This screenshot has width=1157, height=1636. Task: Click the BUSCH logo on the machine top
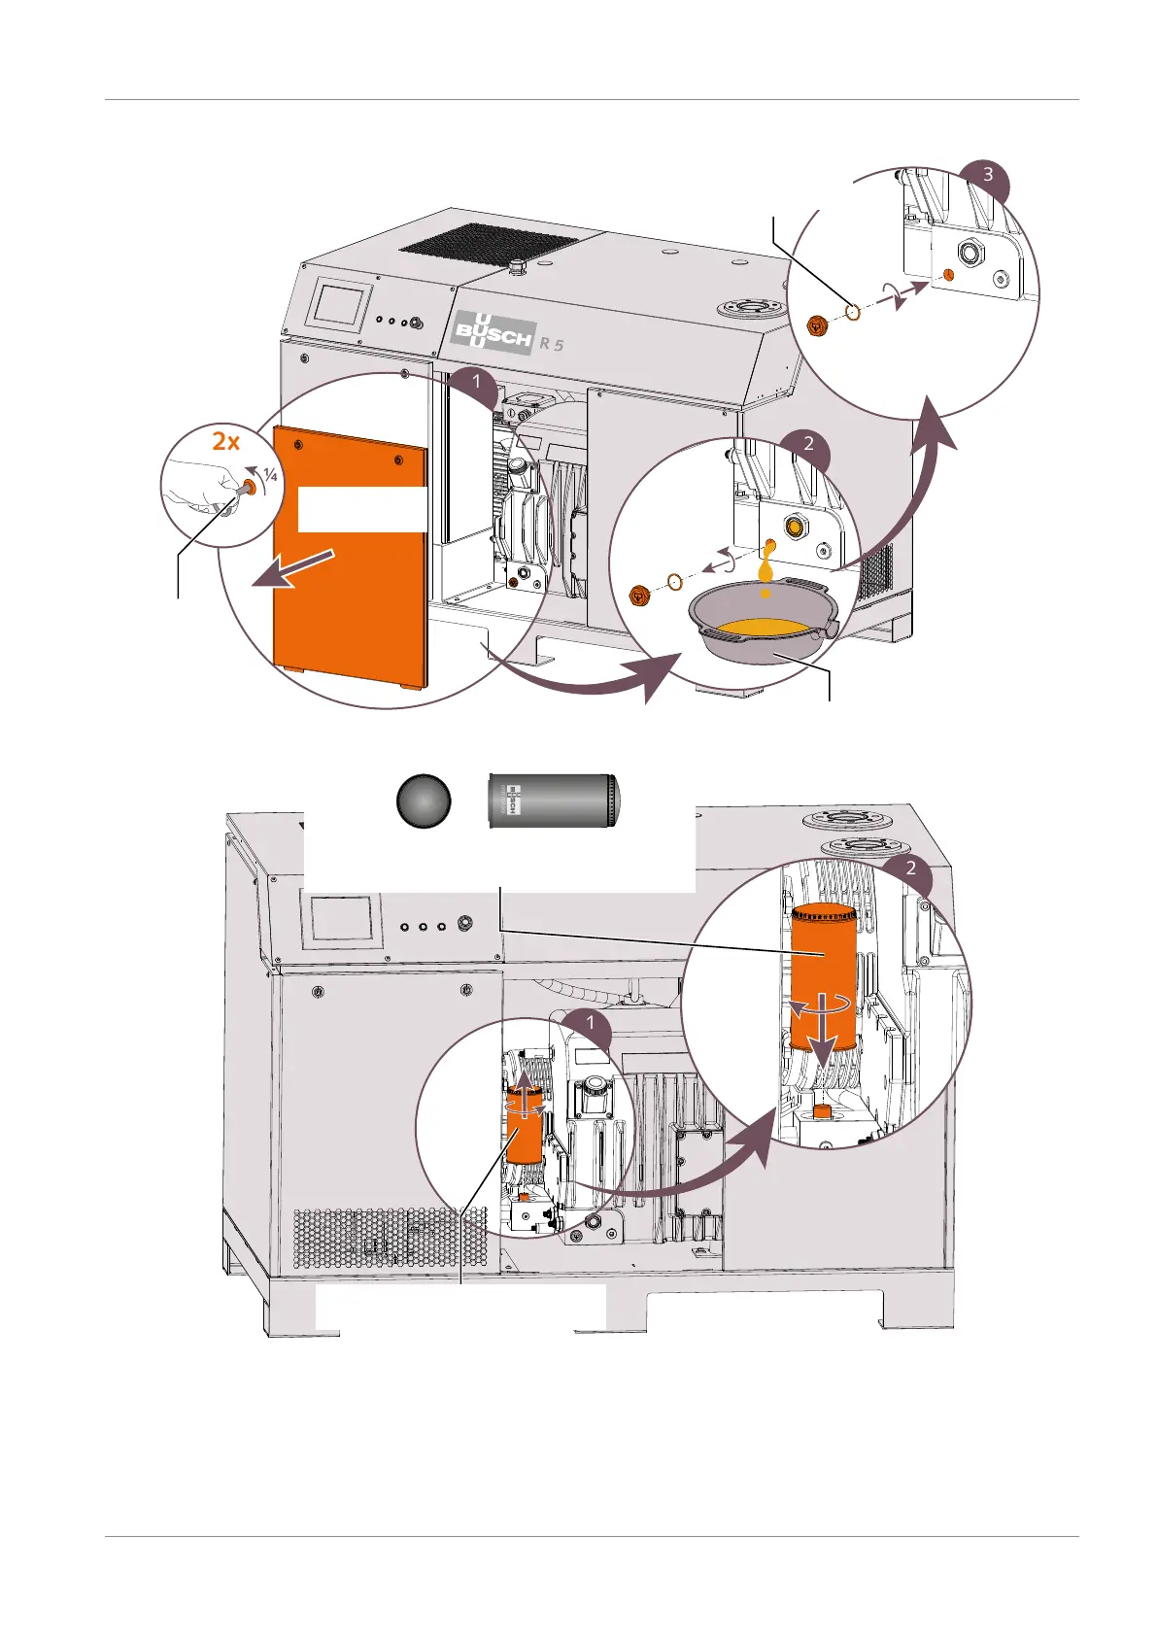(x=493, y=333)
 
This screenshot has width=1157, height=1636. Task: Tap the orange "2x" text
(x=225, y=441)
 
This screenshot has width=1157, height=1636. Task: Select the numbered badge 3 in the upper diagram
(x=987, y=176)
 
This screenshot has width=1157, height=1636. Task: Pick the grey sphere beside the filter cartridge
(x=424, y=801)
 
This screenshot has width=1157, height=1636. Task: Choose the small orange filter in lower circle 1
(x=525, y=1124)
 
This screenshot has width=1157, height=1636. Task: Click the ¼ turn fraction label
(x=270, y=475)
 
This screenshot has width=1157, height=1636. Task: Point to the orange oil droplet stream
(x=766, y=563)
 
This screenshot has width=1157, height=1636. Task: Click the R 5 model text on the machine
(x=552, y=344)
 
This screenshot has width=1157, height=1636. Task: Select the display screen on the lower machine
(x=341, y=917)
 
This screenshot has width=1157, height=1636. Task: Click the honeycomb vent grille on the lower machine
(x=389, y=1238)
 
